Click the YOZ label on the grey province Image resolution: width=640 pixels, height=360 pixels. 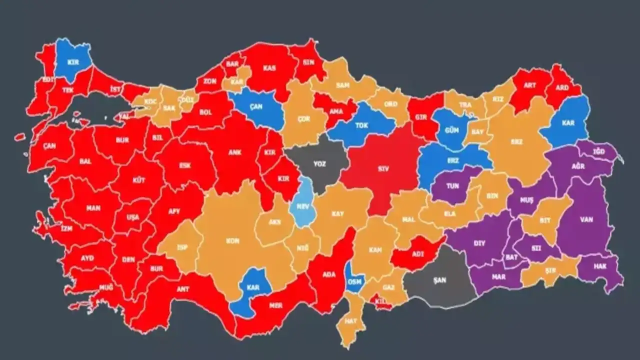[x=319, y=163]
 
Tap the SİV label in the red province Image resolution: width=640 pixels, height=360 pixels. [x=383, y=169]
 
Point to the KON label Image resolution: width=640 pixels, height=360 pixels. [x=232, y=241]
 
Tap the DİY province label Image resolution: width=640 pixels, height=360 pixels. [x=479, y=243]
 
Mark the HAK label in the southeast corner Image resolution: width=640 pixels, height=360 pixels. [x=600, y=266]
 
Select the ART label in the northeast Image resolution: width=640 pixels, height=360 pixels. [x=530, y=85]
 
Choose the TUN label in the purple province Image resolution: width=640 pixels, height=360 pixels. [x=452, y=185]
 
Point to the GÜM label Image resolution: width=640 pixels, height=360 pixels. [x=451, y=130]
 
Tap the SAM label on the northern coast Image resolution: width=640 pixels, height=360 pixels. [x=342, y=85]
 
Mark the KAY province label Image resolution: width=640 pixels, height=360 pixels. [x=337, y=214]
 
